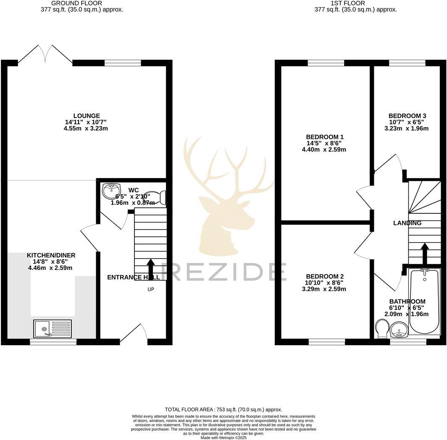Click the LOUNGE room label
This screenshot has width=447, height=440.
pos(87,116)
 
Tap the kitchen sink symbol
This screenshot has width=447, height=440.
pos(53,328)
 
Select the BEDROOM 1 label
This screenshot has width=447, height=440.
pos(325,137)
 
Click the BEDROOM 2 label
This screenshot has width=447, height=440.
pos(325,276)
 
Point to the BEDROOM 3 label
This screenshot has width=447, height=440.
pos(407,116)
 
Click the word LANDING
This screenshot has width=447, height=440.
pos(407,223)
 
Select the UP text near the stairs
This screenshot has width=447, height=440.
pos(150,289)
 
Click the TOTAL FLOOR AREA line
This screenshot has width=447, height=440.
pos(223,409)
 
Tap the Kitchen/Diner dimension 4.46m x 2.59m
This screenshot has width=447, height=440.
pos(51,268)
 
